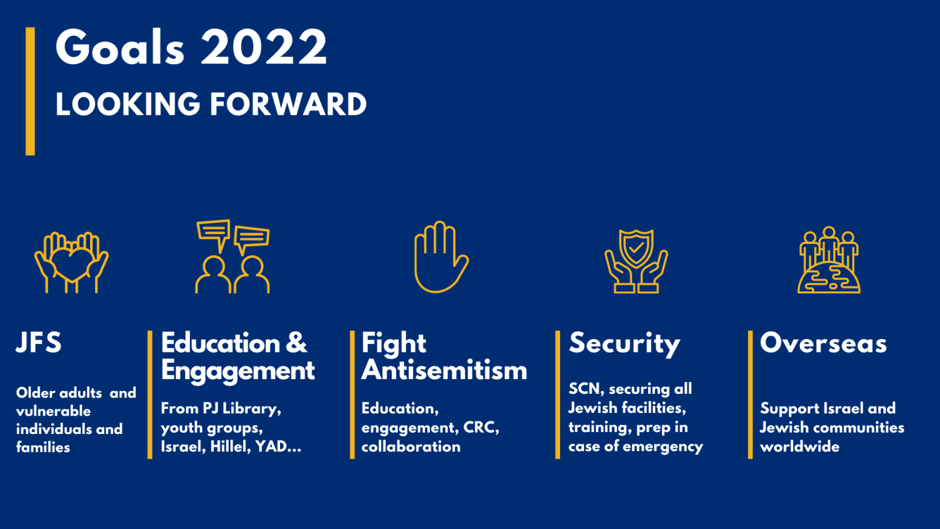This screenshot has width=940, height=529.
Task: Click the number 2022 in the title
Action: click(x=264, y=47)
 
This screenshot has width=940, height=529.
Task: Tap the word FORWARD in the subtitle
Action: click(x=288, y=104)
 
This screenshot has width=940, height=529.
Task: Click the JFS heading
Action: click(x=39, y=343)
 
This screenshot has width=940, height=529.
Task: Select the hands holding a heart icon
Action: click(x=72, y=262)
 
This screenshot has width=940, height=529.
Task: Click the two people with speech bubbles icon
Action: click(x=233, y=257)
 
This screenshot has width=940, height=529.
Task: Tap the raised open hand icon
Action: click(x=442, y=257)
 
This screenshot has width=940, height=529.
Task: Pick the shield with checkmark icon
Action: click(x=636, y=261)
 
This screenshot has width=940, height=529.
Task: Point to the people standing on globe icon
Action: click(x=829, y=260)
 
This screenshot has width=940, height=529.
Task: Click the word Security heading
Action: click(x=624, y=344)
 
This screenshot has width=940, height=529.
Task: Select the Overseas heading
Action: click(x=823, y=343)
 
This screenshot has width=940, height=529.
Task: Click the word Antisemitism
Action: click(x=444, y=370)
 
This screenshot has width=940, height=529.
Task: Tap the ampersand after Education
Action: click(x=296, y=343)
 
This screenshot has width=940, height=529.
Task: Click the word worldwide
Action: click(x=799, y=447)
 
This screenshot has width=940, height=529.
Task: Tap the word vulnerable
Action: click(x=53, y=411)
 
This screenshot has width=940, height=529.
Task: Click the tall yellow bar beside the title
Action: click(x=30, y=91)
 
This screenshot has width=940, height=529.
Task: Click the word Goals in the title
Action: click(x=120, y=47)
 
